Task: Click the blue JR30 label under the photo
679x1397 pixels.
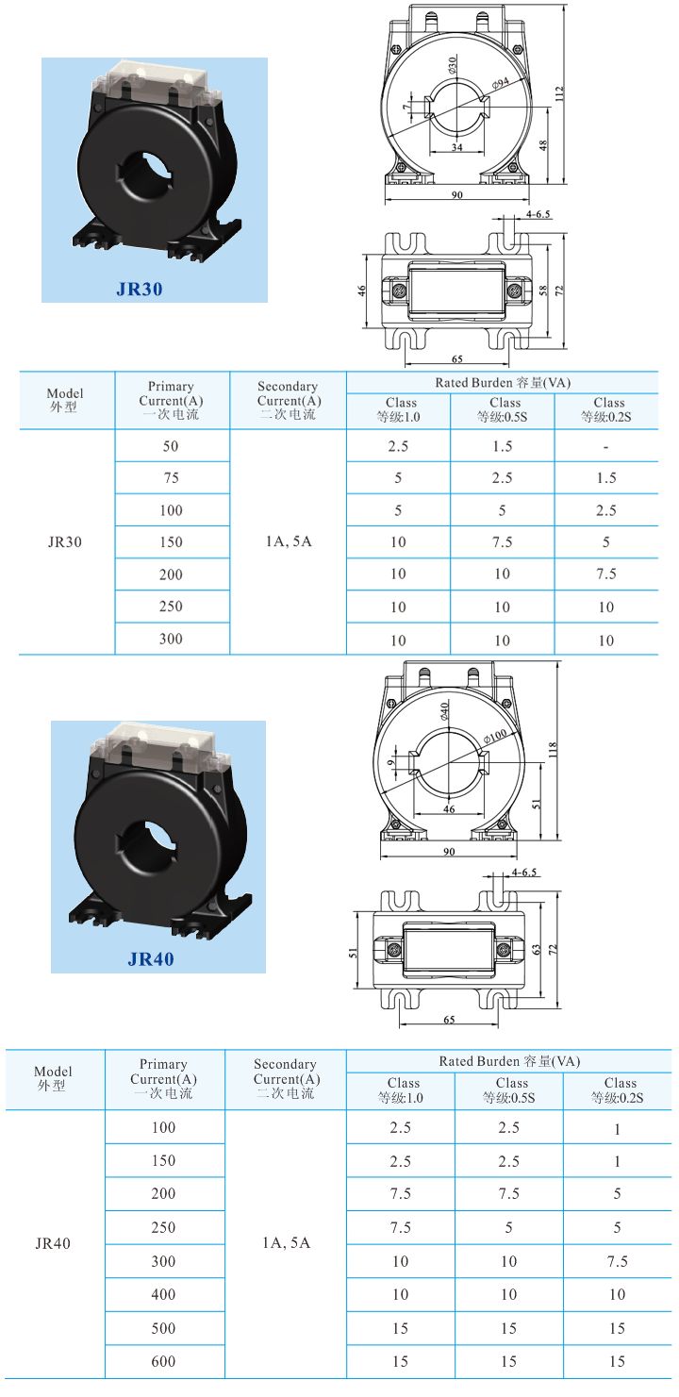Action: point(140,290)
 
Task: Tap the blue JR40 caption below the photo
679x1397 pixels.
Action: point(151,960)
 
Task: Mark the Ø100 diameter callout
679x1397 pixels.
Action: point(494,736)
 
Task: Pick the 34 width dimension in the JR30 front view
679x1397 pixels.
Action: point(456,147)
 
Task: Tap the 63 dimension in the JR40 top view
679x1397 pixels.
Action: point(537,949)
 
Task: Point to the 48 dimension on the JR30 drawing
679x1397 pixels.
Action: point(543,146)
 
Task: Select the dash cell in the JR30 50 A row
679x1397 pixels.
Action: point(605,446)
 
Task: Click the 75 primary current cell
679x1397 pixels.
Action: point(171,478)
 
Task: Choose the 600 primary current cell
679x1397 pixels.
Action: point(164,1361)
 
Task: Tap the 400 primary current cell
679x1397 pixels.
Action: point(164,1295)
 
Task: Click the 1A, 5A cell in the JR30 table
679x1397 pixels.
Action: point(288,542)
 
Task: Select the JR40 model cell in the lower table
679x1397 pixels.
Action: point(53,1243)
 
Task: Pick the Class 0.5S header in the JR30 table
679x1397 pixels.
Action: point(503,409)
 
